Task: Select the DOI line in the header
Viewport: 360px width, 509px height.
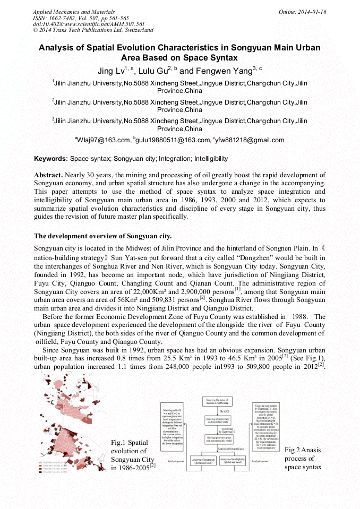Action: pos(89,24)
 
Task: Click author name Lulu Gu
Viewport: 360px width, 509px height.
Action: pos(160,71)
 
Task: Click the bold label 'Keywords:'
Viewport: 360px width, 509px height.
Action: pos(51,159)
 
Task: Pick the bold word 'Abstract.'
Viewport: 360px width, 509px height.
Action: pos(49,175)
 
